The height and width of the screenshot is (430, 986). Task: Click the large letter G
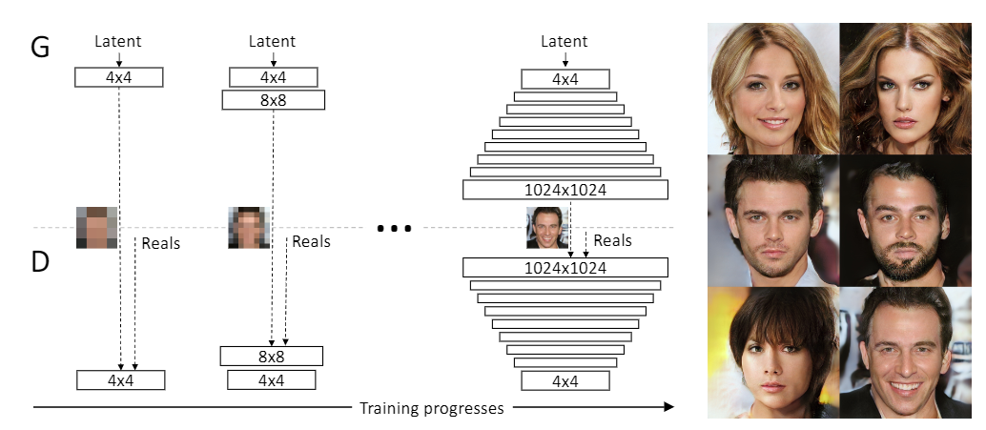[x=40, y=47]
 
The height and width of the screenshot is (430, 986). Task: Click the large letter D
[x=40, y=263]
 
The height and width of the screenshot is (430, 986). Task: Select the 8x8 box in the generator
[x=273, y=99]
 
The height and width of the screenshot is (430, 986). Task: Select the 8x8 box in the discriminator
[x=272, y=357]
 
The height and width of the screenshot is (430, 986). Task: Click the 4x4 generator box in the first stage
[x=119, y=77]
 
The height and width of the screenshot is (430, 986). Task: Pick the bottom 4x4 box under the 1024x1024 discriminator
[x=565, y=381]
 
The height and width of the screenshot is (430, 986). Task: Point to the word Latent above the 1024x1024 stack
[x=565, y=42]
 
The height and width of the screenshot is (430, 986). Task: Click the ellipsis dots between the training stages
[x=394, y=229]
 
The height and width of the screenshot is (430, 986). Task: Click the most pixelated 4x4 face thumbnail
[x=96, y=227]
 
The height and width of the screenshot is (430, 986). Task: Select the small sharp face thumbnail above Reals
[x=546, y=228]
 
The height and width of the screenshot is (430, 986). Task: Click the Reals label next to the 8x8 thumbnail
[x=311, y=242]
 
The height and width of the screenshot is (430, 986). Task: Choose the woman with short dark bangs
[x=772, y=358]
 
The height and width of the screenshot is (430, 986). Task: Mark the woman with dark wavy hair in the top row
[x=904, y=91]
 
